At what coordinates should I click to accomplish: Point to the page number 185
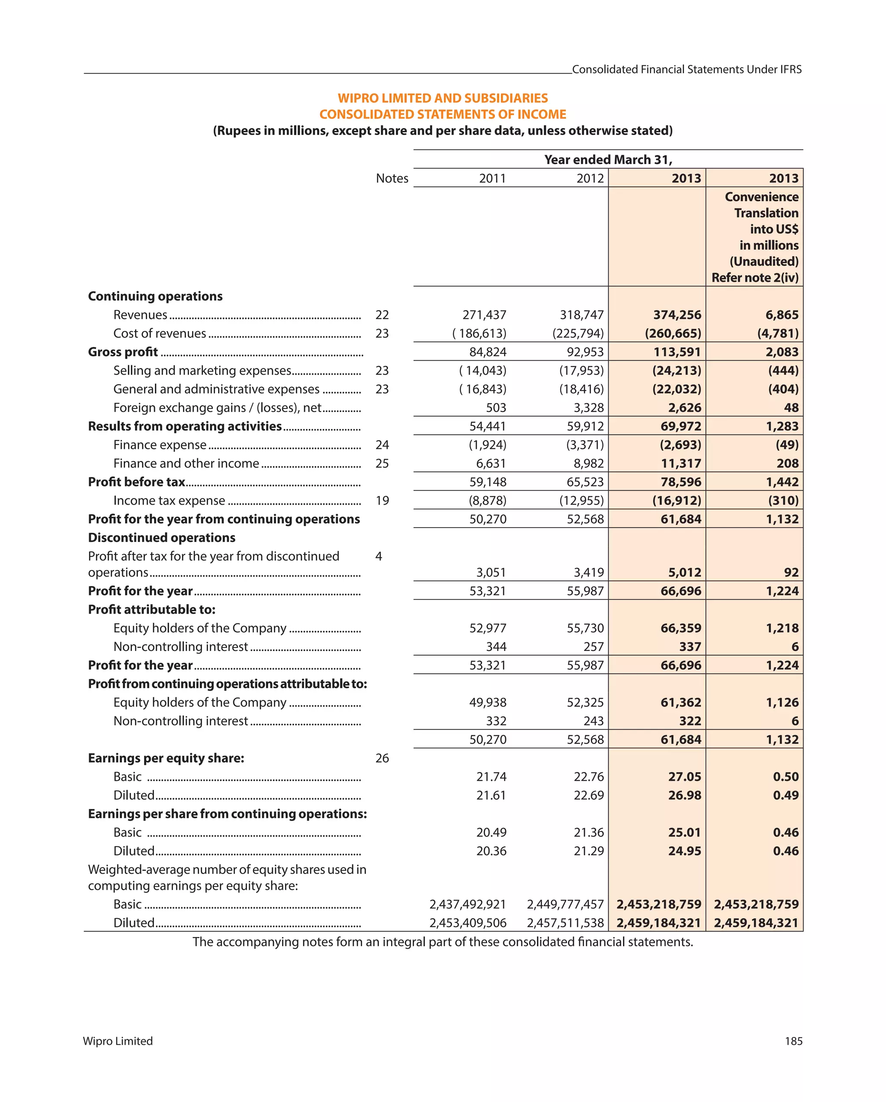(793, 1041)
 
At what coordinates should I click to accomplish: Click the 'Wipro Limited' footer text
(118, 1041)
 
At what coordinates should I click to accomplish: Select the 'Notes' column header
(392, 178)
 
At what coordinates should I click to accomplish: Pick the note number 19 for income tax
(382, 500)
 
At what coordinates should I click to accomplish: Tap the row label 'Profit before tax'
(136, 482)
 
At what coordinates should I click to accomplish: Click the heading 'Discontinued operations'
(161, 538)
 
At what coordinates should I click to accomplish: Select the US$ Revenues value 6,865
(781, 315)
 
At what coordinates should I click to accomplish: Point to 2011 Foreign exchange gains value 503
(496, 408)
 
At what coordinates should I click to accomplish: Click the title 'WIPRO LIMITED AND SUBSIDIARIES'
(443, 98)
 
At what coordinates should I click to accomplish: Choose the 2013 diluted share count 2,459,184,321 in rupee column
(658, 923)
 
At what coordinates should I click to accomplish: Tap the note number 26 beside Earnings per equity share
(382, 758)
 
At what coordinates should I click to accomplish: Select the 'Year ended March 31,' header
(607, 160)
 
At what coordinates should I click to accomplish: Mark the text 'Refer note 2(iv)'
(754, 277)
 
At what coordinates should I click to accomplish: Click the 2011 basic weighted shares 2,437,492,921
(467, 904)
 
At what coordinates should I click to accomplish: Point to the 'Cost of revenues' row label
(159, 333)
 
